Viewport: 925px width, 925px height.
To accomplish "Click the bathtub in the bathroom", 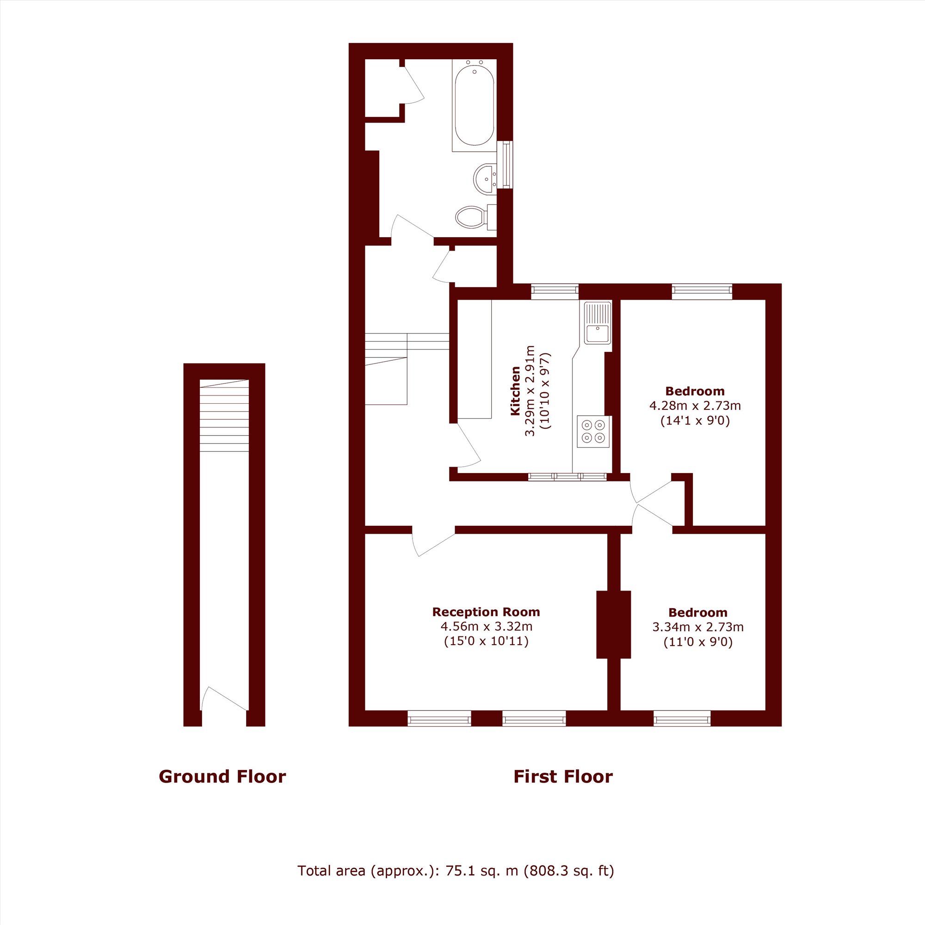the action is (x=474, y=105).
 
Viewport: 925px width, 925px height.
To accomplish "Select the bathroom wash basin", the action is (x=485, y=179).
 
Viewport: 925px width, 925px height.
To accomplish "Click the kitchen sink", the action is (x=598, y=323).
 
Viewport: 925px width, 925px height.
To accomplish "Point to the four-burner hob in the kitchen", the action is (x=594, y=432).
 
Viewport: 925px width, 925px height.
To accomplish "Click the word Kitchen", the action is (x=515, y=391).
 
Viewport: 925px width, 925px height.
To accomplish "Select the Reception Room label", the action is (x=486, y=612).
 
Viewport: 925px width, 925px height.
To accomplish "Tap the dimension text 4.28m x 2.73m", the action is (x=695, y=406).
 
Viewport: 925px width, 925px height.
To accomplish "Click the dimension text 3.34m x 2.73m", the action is (x=697, y=627).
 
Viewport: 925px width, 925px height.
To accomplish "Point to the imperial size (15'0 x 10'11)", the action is (x=486, y=641).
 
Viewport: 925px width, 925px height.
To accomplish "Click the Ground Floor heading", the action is (x=222, y=777).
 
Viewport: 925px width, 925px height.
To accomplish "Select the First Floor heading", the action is (x=563, y=777).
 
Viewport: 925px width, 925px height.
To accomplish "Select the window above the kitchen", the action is (x=555, y=291).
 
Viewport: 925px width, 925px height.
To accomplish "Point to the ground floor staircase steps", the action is (x=224, y=416).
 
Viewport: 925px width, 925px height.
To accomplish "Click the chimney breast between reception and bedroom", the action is (x=613, y=624).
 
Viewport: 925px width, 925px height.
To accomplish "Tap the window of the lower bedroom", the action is (x=682, y=719).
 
